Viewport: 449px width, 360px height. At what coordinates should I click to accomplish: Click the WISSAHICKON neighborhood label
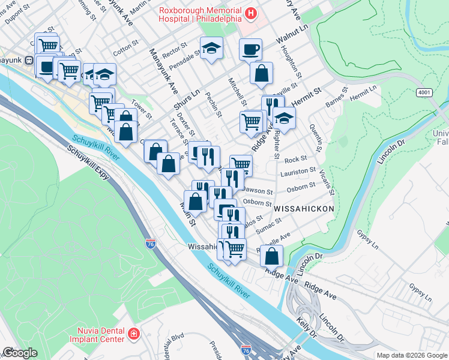pyautogui.click(x=304, y=208)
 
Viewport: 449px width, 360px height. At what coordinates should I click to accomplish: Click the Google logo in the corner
pyautogui.click(x=20, y=353)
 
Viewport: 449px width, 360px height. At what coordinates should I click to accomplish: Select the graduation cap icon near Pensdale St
pyautogui.click(x=211, y=47)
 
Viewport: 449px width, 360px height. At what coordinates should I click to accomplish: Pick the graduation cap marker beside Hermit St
pyautogui.click(x=284, y=117)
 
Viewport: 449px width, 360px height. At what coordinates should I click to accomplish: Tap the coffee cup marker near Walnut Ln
pyautogui.click(x=250, y=49)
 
